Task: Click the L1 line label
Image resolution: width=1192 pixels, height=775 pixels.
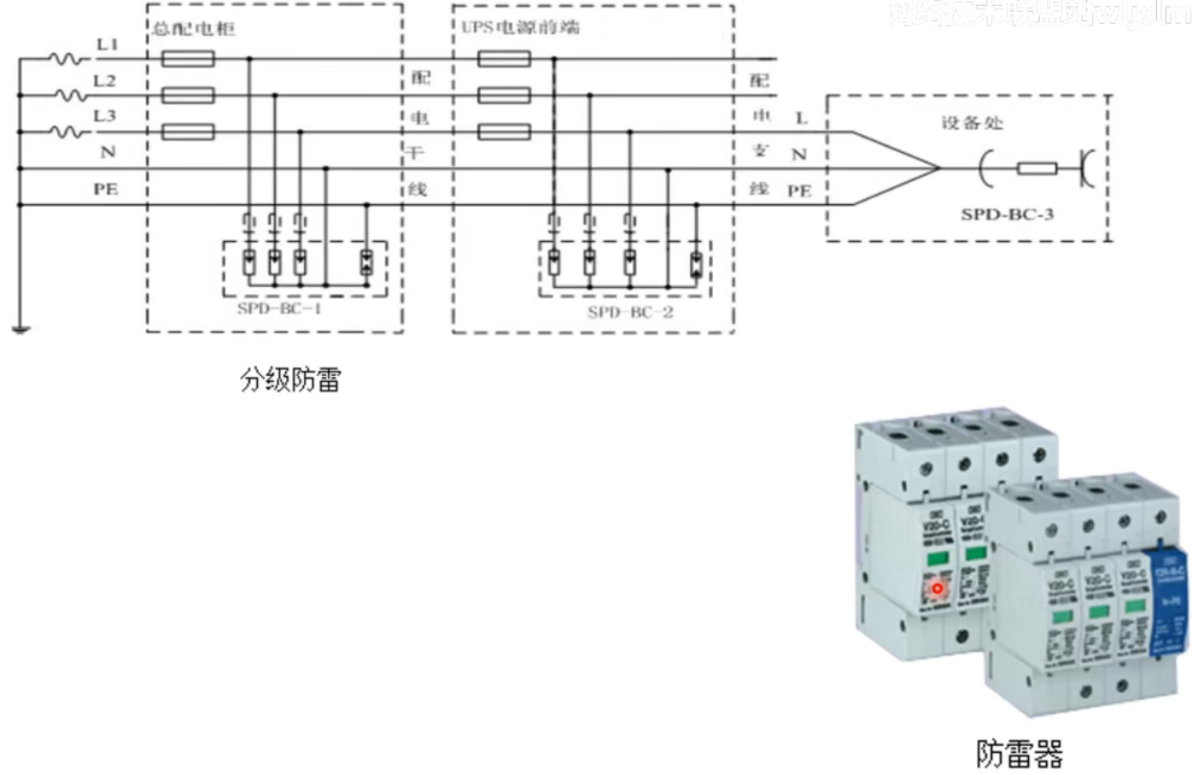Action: click(108, 44)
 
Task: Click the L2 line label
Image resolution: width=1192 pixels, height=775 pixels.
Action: click(105, 81)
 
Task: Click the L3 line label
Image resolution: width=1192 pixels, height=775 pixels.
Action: click(105, 116)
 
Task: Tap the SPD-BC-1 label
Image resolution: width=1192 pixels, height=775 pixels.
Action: click(279, 308)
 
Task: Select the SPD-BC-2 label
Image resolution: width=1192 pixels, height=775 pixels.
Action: click(630, 313)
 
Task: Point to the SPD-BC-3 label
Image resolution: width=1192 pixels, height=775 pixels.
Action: click(1007, 214)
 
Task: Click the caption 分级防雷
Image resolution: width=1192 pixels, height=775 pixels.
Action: click(290, 379)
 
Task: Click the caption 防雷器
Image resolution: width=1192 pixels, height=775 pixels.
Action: click(1020, 754)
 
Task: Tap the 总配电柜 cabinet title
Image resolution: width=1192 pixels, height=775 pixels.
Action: click(194, 29)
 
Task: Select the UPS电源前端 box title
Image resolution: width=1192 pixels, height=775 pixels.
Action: click(520, 27)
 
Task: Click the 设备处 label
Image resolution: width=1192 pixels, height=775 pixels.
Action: click(972, 123)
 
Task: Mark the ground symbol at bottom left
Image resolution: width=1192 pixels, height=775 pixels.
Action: click(20, 328)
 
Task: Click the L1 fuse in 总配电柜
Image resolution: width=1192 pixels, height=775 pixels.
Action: click(188, 58)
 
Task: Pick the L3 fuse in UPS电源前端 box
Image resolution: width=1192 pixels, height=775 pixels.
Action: click(504, 132)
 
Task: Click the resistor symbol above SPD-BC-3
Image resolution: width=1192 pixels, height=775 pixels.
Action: click(1037, 168)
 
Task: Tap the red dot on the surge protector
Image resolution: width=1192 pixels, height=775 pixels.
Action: click(937, 588)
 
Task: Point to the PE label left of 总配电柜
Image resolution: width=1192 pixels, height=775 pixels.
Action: click(106, 189)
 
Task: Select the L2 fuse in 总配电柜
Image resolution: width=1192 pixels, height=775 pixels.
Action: click(188, 95)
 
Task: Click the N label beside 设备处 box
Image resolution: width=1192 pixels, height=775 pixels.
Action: click(799, 155)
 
